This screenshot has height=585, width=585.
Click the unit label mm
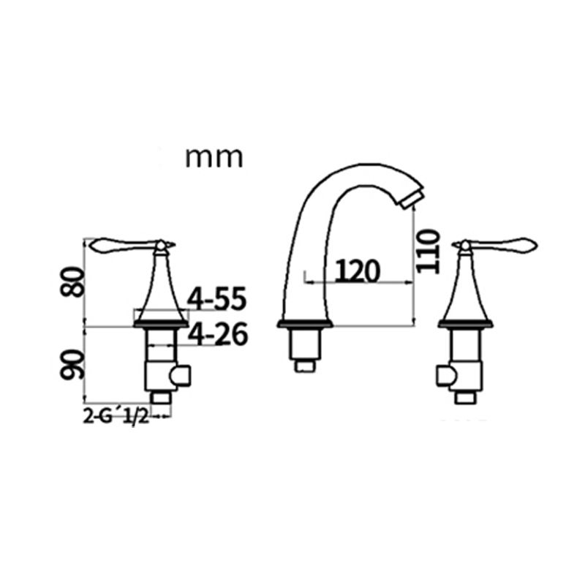[x=213, y=156]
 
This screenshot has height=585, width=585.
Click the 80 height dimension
[x=72, y=280]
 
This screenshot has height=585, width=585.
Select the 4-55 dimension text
[x=217, y=299]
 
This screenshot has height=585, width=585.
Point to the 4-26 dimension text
[x=217, y=335]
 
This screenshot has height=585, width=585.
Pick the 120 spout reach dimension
[x=358, y=271]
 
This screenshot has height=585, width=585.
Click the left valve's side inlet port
[x=180, y=377]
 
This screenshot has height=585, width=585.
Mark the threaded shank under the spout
[x=305, y=344]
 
